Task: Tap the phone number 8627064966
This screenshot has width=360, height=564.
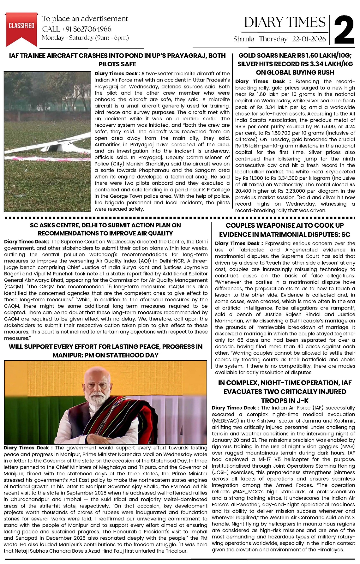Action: pos(89,29)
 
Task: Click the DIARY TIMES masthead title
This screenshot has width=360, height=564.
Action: pos(285,22)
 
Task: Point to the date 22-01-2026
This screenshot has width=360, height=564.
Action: pos(309,39)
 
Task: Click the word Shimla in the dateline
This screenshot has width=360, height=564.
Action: pos(244,39)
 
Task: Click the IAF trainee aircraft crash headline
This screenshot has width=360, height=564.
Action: pos(117,60)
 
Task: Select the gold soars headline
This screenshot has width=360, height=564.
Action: pos(295,64)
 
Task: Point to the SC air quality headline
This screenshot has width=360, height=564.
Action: pos(105,229)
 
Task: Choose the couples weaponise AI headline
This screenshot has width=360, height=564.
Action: pos(285,230)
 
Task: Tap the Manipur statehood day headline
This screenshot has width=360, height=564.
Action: pos(105,351)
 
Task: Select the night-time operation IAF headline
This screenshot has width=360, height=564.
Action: pos(285,392)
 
